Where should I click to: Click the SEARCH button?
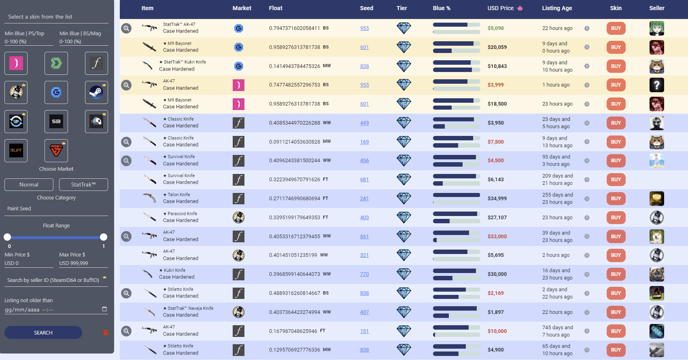click(x=43, y=332)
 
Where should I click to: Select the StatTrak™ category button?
click(x=83, y=184)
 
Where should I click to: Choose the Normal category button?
click(x=29, y=184)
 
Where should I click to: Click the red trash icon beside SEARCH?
click(x=106, y=332)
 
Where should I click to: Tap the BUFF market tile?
click(x=16, y=150)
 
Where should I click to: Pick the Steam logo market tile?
click(x=96, y=92)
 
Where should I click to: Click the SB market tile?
click(x=56, y=121)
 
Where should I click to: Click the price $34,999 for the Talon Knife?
click(x=497, y=198)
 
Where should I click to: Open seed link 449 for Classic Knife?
click(x=364, y=123)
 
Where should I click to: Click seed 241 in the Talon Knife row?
click(x=364, y=198)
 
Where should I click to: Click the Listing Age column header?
click(x=557, y=8)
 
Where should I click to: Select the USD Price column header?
click(x=501, y=8)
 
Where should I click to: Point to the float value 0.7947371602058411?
click(x=294, y=28)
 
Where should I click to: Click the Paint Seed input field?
click(x=56, y=209)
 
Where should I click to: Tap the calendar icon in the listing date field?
click(x=104, y=309)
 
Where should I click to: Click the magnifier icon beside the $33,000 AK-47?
click(x=127, y=236)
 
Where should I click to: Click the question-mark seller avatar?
click(x=656, y=85)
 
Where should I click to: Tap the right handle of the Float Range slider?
click(x=104, y=237)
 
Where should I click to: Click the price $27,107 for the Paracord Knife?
click(x=497, y=217)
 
